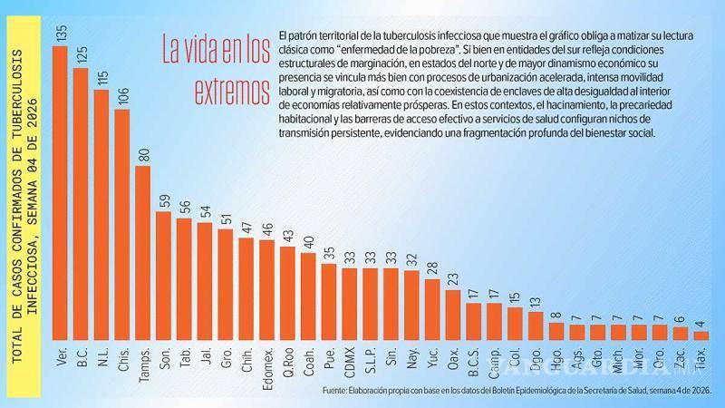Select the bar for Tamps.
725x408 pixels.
pos(143,254)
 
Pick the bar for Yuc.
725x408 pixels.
pos(432,309)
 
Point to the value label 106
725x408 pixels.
pos(122,95)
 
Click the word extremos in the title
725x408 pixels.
pos(233,92)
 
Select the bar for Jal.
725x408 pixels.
pos(205,281)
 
